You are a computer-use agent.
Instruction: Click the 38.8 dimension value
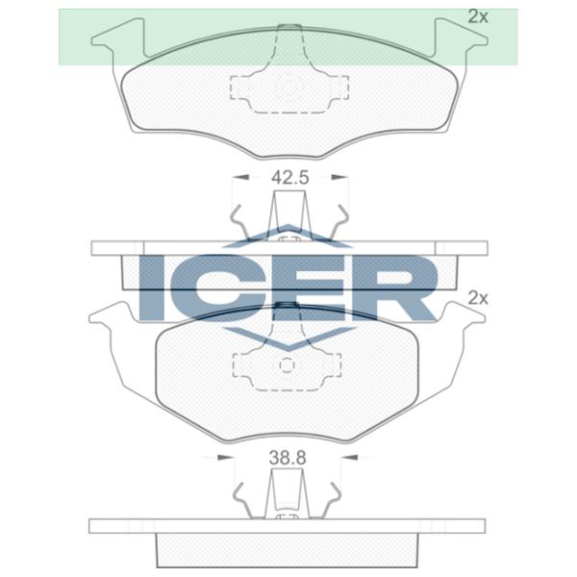tap(287, 459)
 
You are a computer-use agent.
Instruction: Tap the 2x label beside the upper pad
tap(477, 16)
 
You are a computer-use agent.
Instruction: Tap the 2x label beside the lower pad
tap(477, 299)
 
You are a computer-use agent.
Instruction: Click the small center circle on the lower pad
tap(287, 365)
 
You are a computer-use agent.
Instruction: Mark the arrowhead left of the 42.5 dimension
tap(238, 178)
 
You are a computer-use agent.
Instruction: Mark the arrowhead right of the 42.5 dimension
tap(338, 178)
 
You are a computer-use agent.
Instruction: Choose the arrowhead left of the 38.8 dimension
tap(242, 459)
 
